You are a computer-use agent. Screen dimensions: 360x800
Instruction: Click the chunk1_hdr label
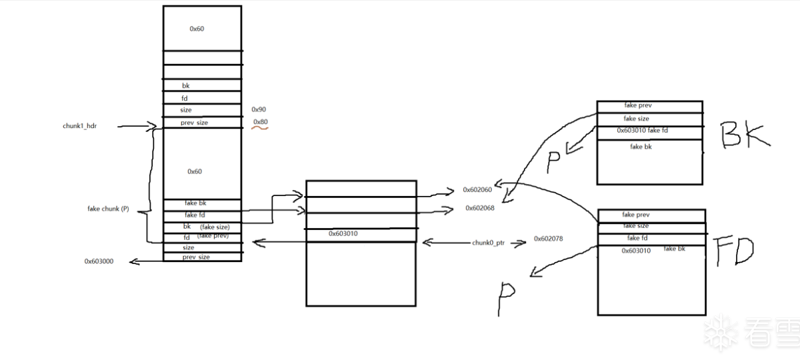pyautogui.click(x=79, y=125)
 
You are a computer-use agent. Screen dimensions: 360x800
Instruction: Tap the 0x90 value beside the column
pyautogui.click(x=259, y=109)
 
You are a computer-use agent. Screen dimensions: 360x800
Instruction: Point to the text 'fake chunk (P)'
pyautogui.click(x=108, y=209)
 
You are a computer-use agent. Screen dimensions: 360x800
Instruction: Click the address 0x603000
pyautogui.click(x=99, y=261)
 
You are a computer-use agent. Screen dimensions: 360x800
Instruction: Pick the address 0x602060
pyautogui.click(x=477, y=190)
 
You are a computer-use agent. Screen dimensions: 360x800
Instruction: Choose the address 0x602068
pyautogui.click(x=479, y=208)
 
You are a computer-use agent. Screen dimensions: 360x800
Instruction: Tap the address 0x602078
pyautogui.click(x=547, y=238)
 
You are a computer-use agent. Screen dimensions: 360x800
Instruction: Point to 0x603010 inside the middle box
pyautogui.click(x=344, y=233)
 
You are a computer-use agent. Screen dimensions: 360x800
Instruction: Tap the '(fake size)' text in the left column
pyautogui.click(x=215, y=227)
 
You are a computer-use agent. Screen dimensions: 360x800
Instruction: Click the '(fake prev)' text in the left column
pyautogui.click(x=213, y=235)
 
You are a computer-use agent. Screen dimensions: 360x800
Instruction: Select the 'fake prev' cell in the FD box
pyautogui.click(x=636, y=215)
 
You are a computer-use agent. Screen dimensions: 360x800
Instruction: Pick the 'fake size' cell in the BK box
pyautogui.click(x=636, y=118)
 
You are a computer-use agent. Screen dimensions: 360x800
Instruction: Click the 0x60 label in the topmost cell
pyautogui.click(x=197, y=29)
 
